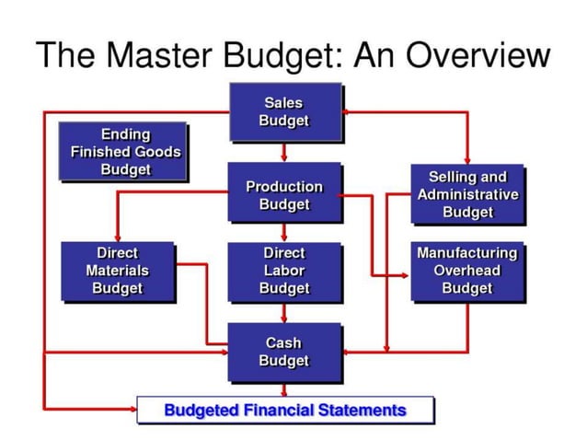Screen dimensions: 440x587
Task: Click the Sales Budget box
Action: (x=283, y=111)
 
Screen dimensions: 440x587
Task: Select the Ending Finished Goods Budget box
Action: (x=125, y=152)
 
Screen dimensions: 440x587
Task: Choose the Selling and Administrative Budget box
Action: (x=467, y=194)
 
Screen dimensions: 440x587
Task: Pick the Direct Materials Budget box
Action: (x=117, y=270)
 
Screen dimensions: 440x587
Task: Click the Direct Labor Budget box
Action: (x=283, y=270)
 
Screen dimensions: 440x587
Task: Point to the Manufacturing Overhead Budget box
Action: (x=467, y=270)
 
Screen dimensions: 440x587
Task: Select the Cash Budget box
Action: (x=283, y=352)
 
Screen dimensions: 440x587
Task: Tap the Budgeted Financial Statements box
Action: (x=284, y=410)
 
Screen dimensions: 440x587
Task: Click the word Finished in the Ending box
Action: (x=101, y=152)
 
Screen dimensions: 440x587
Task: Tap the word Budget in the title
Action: (x=284, y=55)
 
